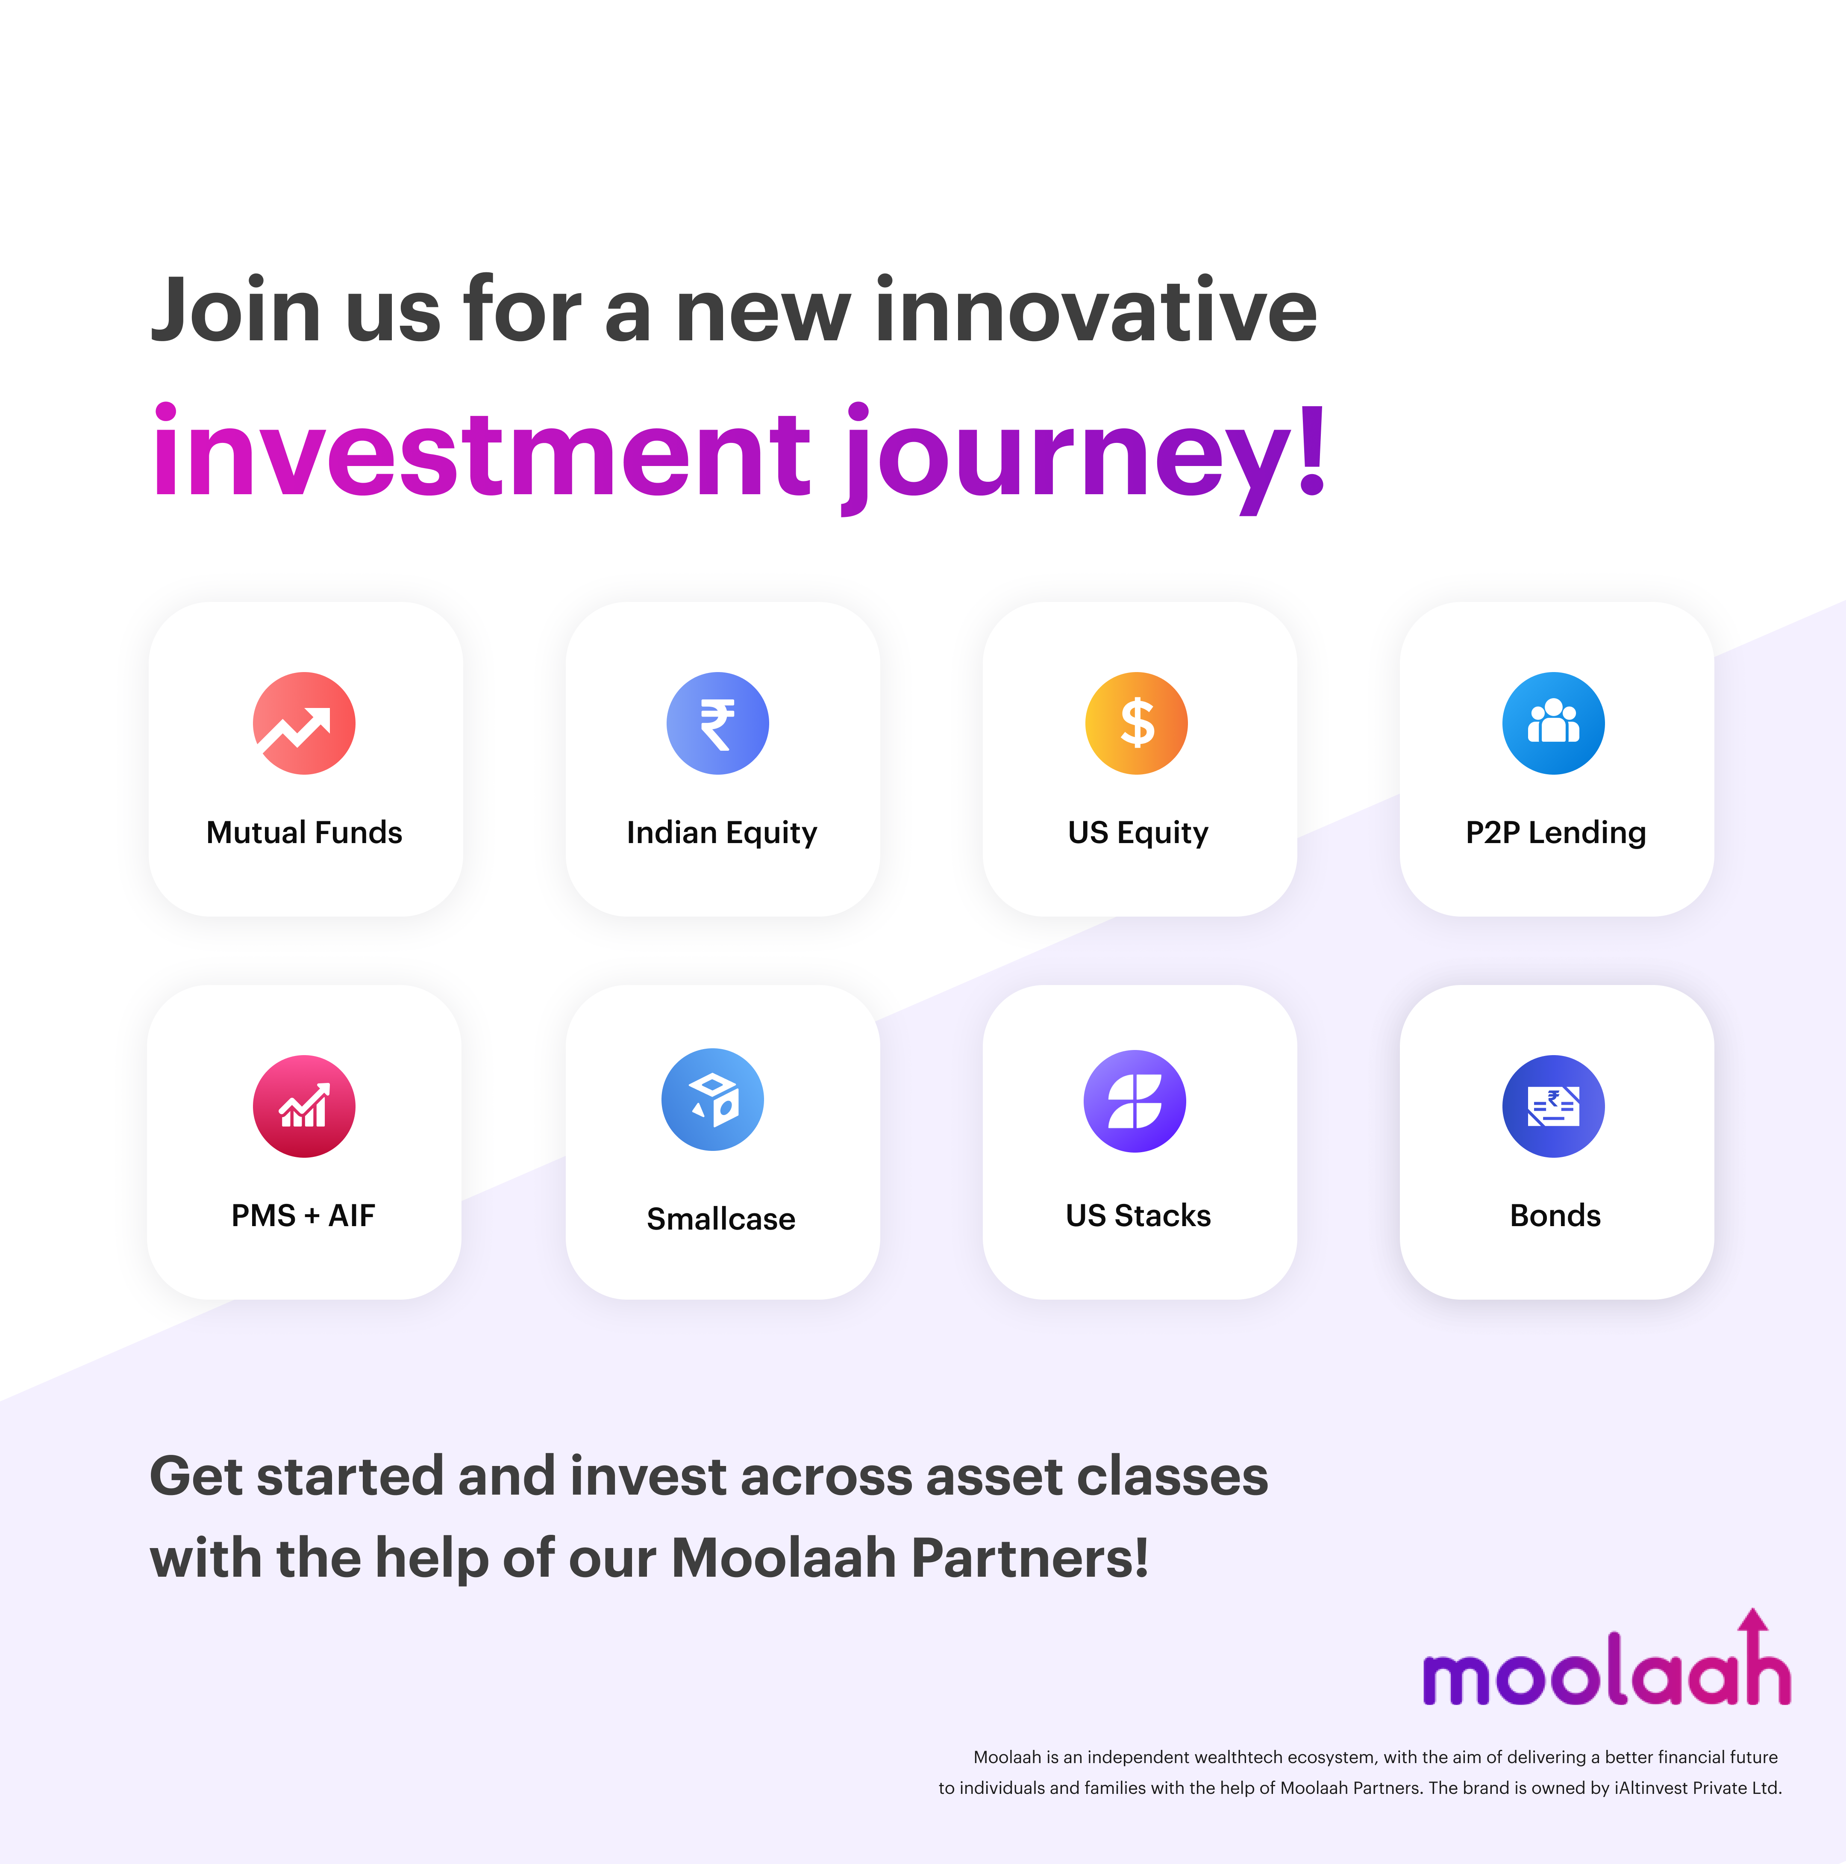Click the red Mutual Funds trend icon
pyautogui.click(x=304, y=724)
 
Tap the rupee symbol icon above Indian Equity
pyautogui.click(x=717, y=724)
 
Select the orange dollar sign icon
pyautogui.click(x=1136, y=724)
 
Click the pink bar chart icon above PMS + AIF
pyautogui.click(x=304, y=1106)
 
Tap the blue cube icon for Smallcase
pyautogui.click(x=713, y=1100)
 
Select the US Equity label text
pyautogui.click(x=1138, y=833)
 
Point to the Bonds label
pyautogui.click(x=1555, y=1215)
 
